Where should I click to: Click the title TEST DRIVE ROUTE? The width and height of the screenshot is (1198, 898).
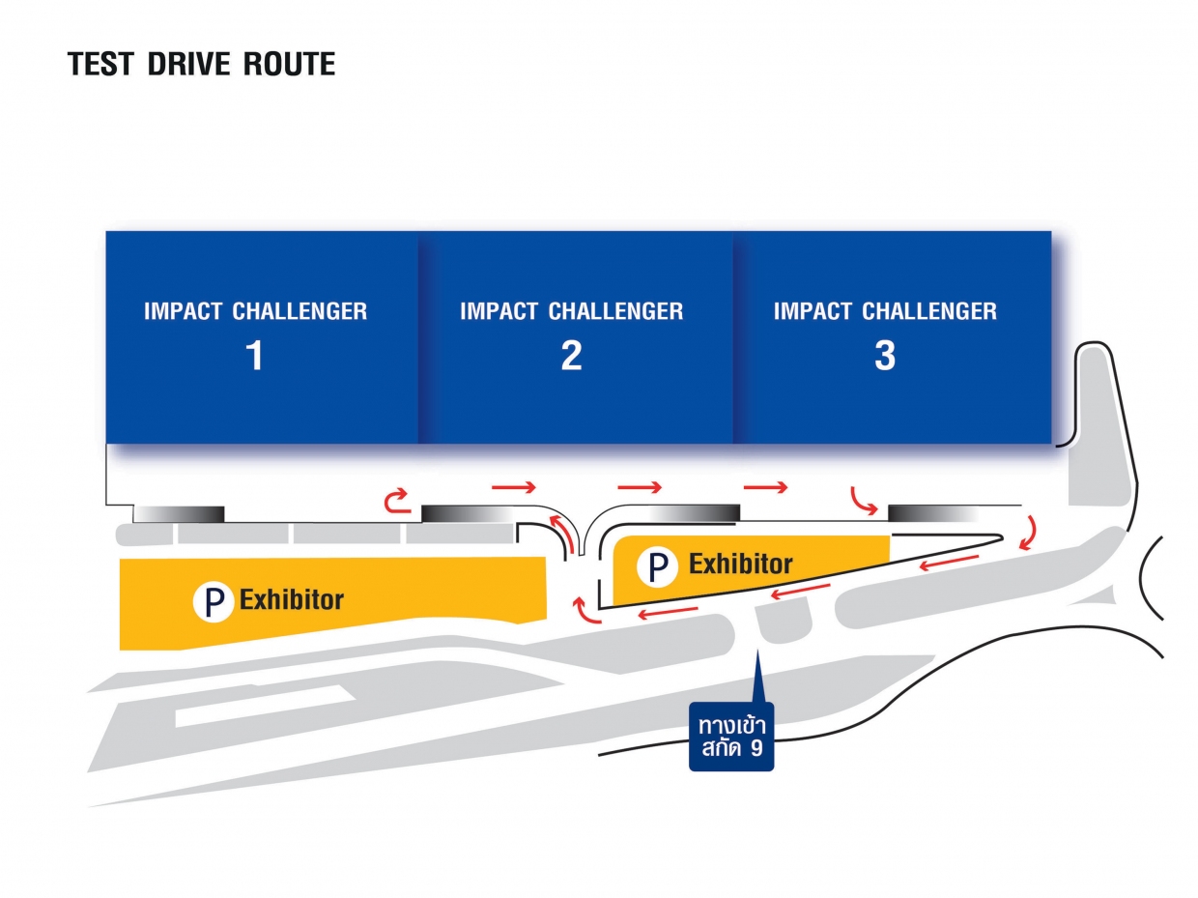tap(202, 64)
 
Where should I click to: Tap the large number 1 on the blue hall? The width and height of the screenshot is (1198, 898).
tap(254, 356)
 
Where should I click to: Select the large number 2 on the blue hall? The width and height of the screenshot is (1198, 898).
tap(571, 356)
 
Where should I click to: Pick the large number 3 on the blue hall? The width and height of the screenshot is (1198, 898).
tap(885, 356)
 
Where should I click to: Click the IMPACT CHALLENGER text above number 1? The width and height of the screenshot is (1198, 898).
tap(255, 311)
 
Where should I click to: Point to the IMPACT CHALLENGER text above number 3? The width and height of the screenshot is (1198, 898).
tap(885, 311)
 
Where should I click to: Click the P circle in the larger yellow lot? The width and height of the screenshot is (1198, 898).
tap(214, 600)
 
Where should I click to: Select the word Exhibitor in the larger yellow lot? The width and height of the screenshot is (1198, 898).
tap(292, 599)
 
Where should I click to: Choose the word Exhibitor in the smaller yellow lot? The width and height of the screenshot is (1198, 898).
tap(741, 564)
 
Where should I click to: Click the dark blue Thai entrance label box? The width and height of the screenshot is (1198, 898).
tap(731, 738)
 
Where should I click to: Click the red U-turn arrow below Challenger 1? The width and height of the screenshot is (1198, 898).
tap(396, 500)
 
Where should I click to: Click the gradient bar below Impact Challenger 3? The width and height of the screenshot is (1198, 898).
tap(928, 512)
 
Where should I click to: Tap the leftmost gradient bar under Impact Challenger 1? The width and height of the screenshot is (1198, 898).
tap(179, 513)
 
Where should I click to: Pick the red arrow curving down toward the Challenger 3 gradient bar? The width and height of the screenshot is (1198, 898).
tap(863, 501)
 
